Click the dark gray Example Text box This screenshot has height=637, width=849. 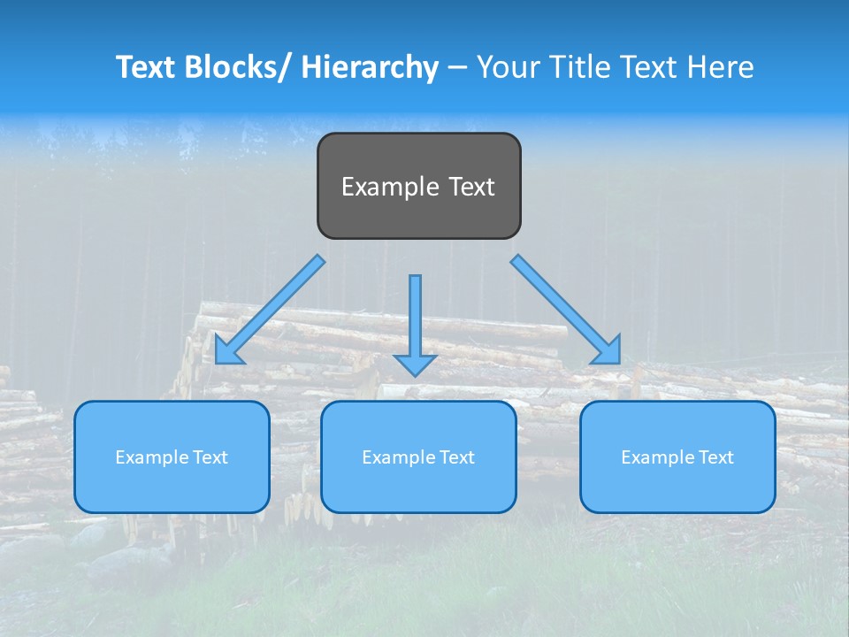click(418, 186)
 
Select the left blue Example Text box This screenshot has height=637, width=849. click(172, 457)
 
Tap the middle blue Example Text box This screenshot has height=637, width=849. click(418, 457)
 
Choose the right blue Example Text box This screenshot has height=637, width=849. click(677, 457)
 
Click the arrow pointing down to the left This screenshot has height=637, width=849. click(270, 310)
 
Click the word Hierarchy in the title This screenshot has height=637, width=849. click(370, 67)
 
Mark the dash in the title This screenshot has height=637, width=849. click(457, 67)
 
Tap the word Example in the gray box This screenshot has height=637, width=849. click(389, 187)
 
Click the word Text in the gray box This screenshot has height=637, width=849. click(470, 187)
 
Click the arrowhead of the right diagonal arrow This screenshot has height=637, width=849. click(608, 351)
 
